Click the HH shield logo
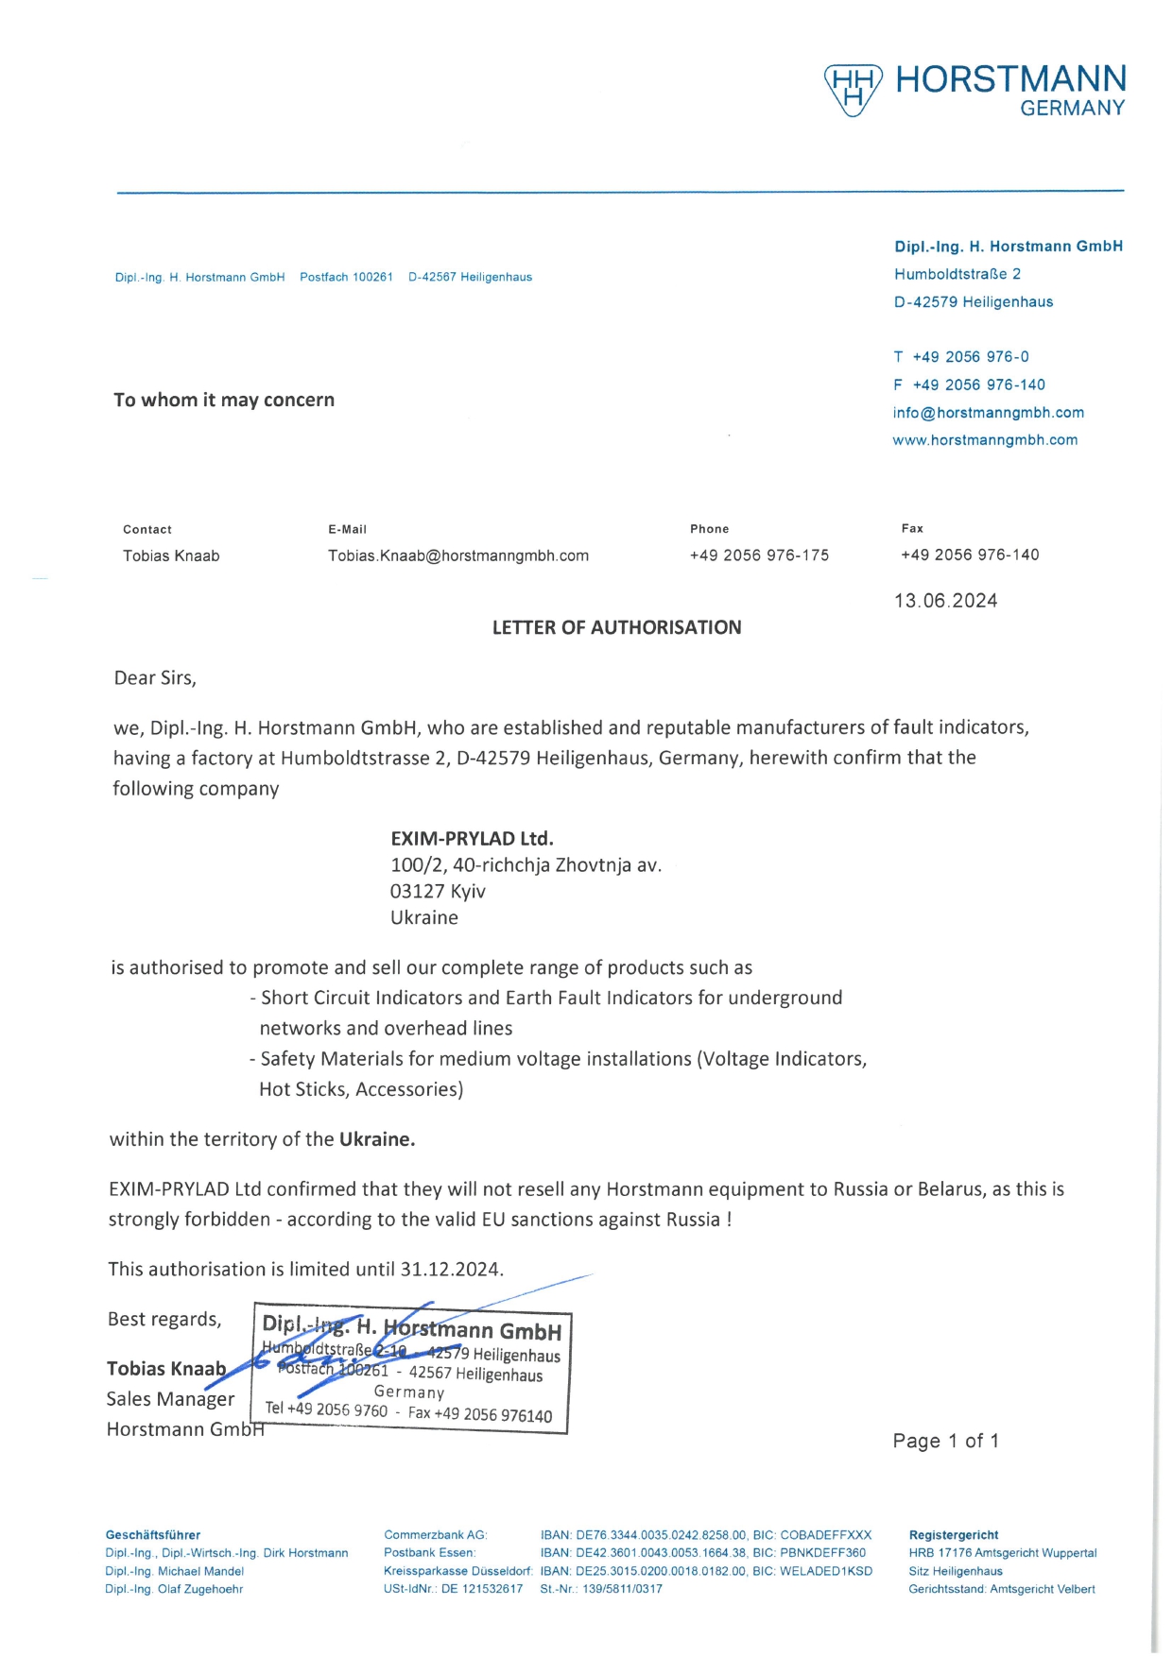[853, 90]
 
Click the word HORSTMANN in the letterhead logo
[1010, 79]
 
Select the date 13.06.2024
[945, 601]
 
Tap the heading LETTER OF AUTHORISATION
[616, 627]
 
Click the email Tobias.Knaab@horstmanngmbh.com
[458, 555]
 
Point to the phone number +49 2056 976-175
[759, 555]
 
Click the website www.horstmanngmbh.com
[985, 440]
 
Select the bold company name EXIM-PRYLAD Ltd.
[472, 838]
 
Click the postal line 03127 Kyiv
[438, 891]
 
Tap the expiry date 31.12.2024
[451, 1269]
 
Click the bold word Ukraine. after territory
[377, 1139]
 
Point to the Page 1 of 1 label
[945, 1441]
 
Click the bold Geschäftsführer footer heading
[153, 1535]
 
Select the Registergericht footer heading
[953, 1535]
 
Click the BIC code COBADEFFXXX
[825, 1535]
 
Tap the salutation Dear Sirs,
[155, 677]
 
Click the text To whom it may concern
[224, 400]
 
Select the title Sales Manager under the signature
[170, 1399]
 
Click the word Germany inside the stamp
[409, 1392]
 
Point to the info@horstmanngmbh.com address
[988, 413]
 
